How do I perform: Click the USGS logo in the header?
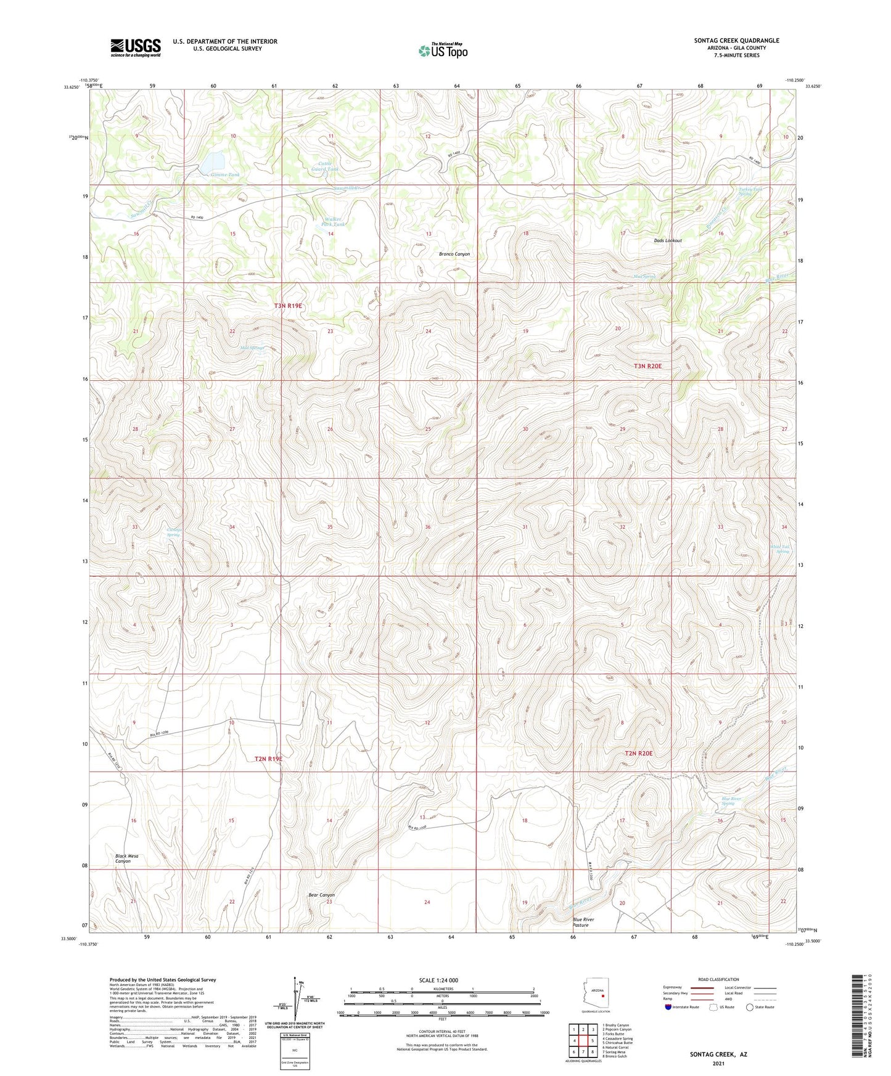[136, 47]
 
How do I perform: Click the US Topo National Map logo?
[443, 50]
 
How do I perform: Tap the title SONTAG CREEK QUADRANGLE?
[736, 41]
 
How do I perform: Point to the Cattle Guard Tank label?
[325, 166]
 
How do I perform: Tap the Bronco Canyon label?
[454, 254]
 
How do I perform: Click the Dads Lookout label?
[668, 240]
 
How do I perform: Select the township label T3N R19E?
[288, 306]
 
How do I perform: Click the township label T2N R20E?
[638, 753]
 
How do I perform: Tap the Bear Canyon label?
[321, 895]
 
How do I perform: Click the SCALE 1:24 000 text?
[438, 980]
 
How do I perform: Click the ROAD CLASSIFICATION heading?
[718, 979]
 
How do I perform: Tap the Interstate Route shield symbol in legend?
[668, 1007]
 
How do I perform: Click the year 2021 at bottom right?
[718, 1063]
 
